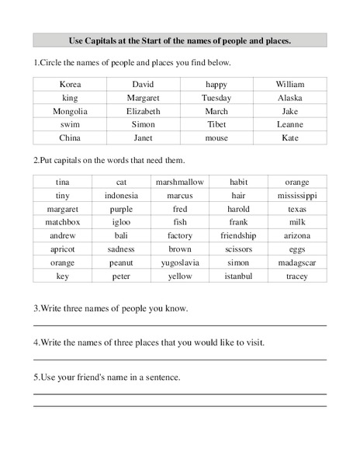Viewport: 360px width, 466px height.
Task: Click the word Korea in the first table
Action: pyautogui.click(x=70, y=85)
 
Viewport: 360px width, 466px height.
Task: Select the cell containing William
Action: pyautogui.click(x=290, y=85)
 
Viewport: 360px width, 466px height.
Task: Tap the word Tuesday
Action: pyautogui.click(x=216, y=98)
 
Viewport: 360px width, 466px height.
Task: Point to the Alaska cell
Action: pyautogui.click(x=290, y=98)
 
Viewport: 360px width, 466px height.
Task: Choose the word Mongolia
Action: pyautogui.click(x=70, y=111)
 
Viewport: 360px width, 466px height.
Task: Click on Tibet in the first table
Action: pyautogui.click(x=216, y=124)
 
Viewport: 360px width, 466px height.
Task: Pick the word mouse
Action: pyautogui.click(x=216, y=137)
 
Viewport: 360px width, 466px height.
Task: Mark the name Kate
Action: pyautogui.click(x=290, y=137)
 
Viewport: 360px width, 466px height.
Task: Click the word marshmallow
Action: pyautogui.click(x=179, y=183)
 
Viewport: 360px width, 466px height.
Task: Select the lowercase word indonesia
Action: pyautogui.click(x=121, y=196)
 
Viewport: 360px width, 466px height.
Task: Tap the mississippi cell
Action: pyautogui.click(x=296, y=196)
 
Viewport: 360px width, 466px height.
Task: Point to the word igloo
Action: pyautogui.click(x=121, y=222)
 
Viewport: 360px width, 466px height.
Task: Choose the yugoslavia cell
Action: pyautogui.click(x=179, y=262)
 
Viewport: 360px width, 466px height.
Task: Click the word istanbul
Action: pyautogui.click(x=238, y=276)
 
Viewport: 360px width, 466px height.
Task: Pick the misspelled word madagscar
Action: pyautogui.click(x=296, y=262)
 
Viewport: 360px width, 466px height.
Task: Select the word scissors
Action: pyautogui.click(x=238, y=249)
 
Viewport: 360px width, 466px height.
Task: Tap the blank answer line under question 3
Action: pyautogui.click(x=179, y=325)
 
